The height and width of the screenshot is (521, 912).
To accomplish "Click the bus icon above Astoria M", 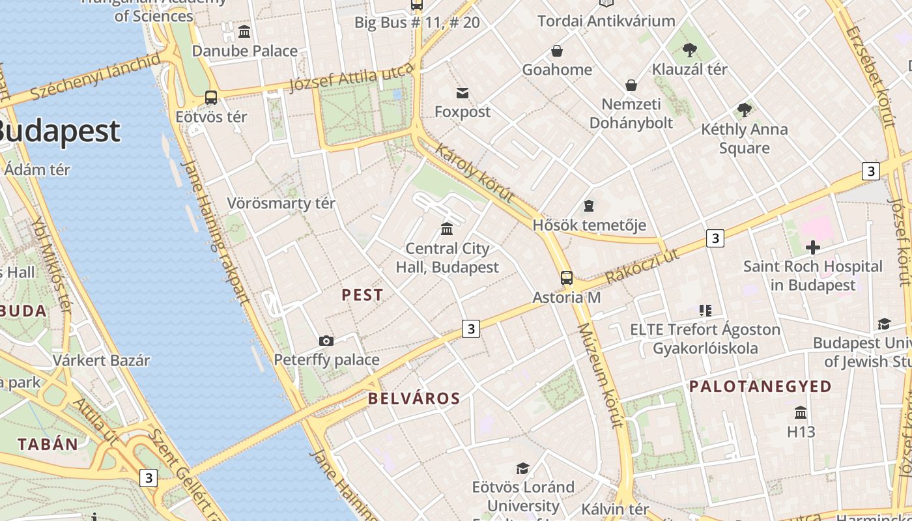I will (567, 278).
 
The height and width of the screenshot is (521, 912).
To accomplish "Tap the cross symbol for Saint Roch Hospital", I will (812, 247).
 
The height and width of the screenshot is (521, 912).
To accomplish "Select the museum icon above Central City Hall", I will (447, 229).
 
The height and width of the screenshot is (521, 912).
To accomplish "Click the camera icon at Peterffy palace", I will (326, 341).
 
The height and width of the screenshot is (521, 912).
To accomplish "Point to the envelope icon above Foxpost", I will (463, 93).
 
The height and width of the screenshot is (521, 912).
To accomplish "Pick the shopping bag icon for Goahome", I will (557, 51).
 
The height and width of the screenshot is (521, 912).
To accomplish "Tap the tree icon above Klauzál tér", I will (689, 50).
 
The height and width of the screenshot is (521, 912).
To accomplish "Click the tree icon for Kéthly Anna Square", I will (744, 110).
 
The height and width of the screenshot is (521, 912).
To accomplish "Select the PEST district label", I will (363, 295).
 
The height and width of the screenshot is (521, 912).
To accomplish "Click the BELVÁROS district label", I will (414, 399).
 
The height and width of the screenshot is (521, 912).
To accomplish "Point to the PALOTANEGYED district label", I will (760, 386).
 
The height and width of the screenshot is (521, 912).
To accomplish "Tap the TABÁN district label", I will (48, 445).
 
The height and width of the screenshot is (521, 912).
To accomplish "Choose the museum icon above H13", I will (801, 413).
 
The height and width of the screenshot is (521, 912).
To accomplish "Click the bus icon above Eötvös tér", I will (211, 98).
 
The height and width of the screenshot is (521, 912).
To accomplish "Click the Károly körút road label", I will (474, 173).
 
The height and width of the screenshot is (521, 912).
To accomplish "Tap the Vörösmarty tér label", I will (281, 203).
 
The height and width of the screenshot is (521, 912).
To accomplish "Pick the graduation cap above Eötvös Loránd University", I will (522, 468).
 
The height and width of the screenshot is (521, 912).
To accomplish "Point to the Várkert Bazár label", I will (101, 360).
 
